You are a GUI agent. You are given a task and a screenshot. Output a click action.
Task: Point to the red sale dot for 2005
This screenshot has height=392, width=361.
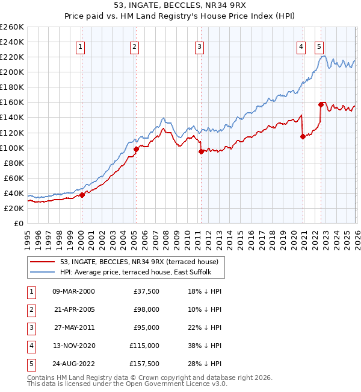point(136,149)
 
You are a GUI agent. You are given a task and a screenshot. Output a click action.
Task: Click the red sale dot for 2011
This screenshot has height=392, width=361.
point(201,151)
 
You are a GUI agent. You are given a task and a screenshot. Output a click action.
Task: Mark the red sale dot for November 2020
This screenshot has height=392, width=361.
point(303,137)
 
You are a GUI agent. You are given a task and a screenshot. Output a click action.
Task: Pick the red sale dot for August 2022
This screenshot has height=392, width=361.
point(321,104)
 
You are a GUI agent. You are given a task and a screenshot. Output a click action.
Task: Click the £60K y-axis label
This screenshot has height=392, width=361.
point(14,178)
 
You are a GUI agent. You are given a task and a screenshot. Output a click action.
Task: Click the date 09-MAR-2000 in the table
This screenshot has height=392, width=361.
point(73,291)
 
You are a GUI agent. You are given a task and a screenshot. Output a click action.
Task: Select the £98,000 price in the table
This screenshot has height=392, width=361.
point(146,309)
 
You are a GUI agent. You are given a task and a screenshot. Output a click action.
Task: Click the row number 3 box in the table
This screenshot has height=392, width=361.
point(31,327)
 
